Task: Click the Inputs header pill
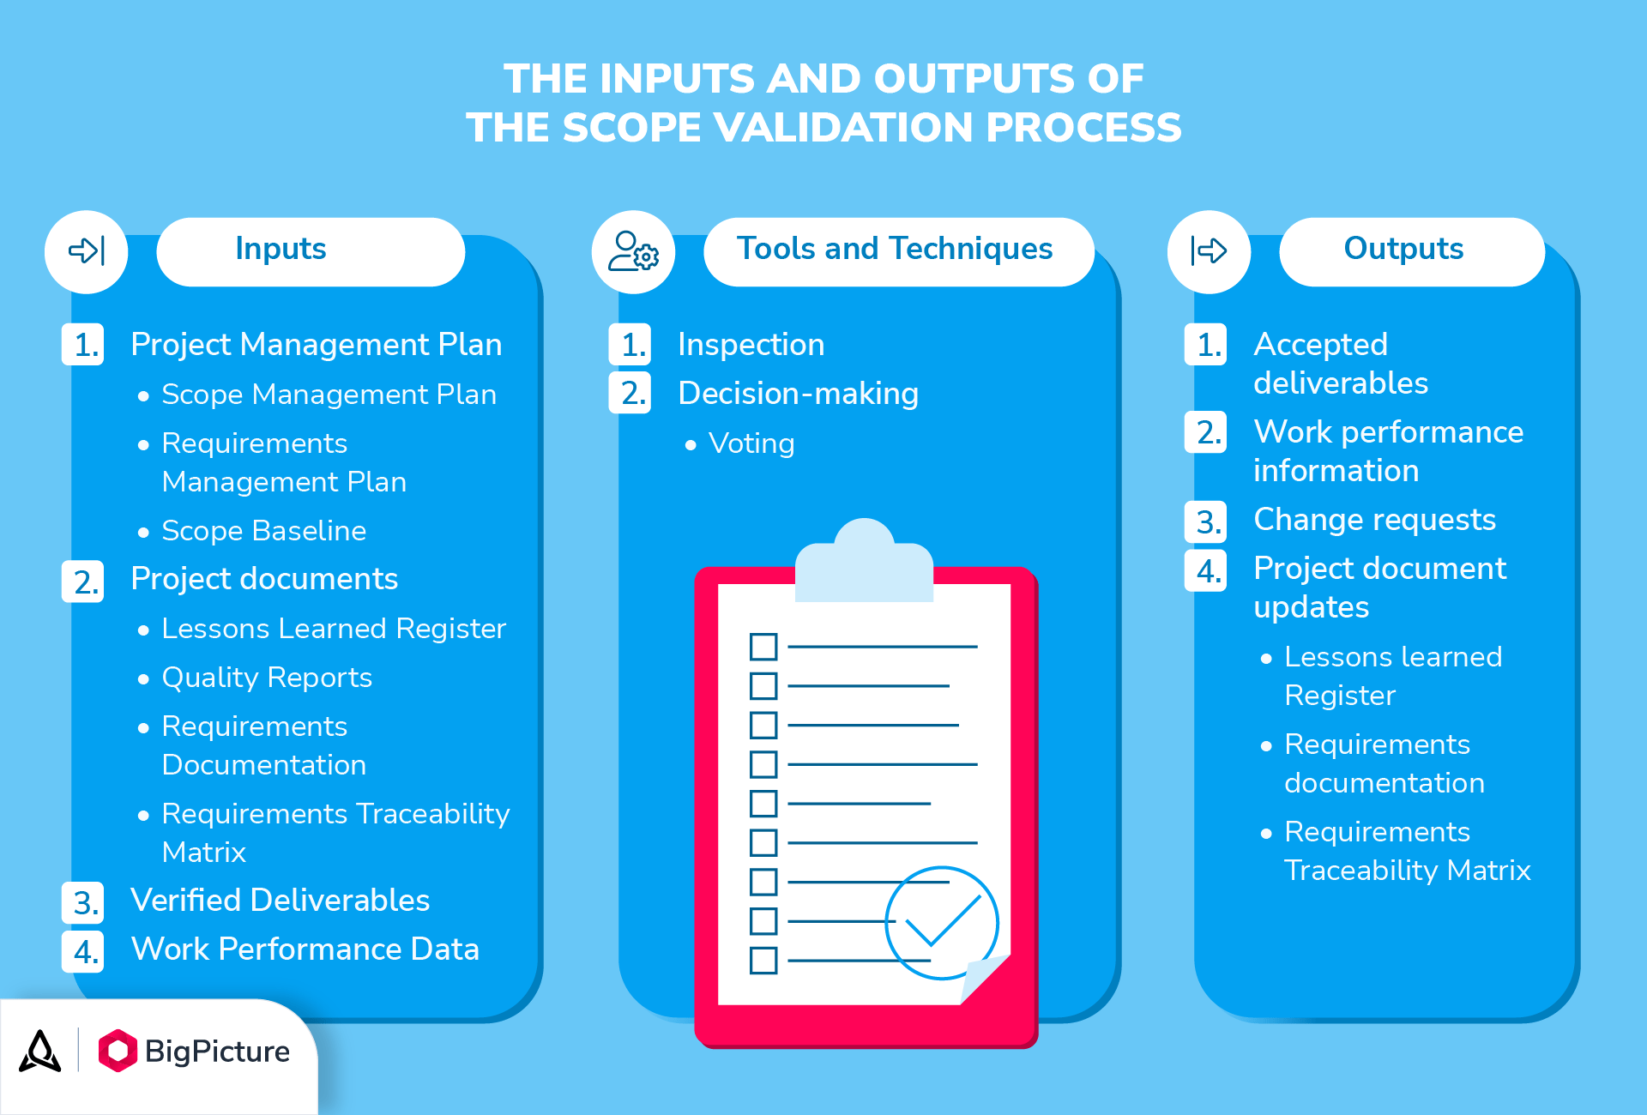[x=311, y=250]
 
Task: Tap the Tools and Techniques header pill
[x=898, y=250]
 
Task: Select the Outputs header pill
[x=1411, y=250]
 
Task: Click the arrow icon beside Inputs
[x=87, y=251]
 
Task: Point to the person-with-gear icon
[x=633, y=251]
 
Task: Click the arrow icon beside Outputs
[x=1209, y=251]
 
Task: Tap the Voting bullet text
[x=751, y=443]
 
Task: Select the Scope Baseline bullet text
[x=263, y=531]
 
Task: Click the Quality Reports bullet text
[x=267, y=678]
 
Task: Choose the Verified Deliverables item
[x=280, y=901]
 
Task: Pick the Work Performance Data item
[x=305, y=949]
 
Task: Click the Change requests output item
[x=1374, y=520]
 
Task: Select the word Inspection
[x=751, y=345]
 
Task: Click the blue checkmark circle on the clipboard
[x=941, y=923]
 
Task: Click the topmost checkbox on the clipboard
[x=763, y=647]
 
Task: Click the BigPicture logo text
[x=217, y=1052]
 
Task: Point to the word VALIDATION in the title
[x=848, y=128]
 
